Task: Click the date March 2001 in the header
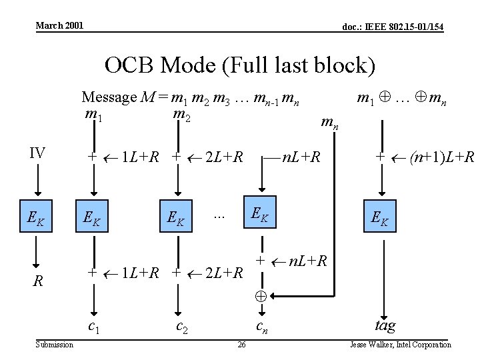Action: (x=59, y=25)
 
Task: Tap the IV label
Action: (x=37, y=153)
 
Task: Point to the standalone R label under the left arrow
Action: (x=39, y=282)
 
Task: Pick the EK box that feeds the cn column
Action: (x=260, y=213)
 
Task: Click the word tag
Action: (x=385, y=325)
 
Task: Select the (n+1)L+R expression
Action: (x=442, y=157)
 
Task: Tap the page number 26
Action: (x=241, y=345)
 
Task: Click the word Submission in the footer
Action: (x=55, y=345)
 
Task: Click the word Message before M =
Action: (x=109, y=97)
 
